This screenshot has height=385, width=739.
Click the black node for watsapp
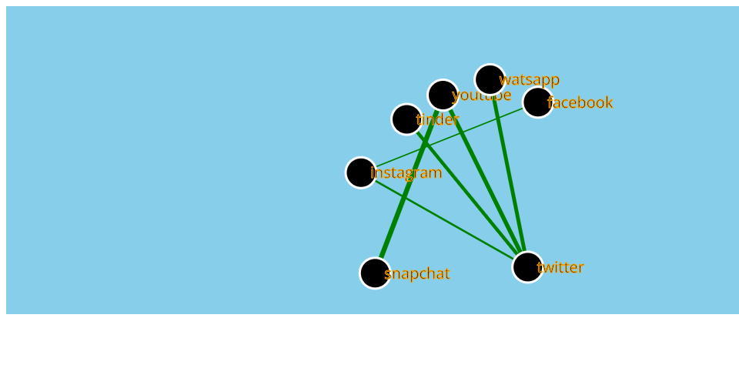click(x=490, y=79)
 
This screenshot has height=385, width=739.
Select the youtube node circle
click(x=443, y=95)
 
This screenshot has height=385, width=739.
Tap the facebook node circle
click(x=537, y=102)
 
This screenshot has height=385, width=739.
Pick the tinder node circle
click(x=406, y=119)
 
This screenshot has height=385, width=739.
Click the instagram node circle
click(x=361, y=172)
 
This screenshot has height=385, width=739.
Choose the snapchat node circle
click(x=375, y=273)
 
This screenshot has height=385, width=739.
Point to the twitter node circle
click(x=527, y=267)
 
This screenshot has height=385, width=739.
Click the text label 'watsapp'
click(x=530, y=79)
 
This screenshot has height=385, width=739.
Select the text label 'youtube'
click(x=483, y=95)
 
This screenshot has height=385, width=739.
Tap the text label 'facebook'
click(x=580, y=102)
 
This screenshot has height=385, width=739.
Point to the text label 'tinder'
click(x=438, y=119)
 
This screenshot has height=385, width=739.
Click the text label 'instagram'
click(x=406, y=172)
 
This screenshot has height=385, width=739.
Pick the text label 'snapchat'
click(x=417, y=273)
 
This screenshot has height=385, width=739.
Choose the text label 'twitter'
click(x=560, y=267)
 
